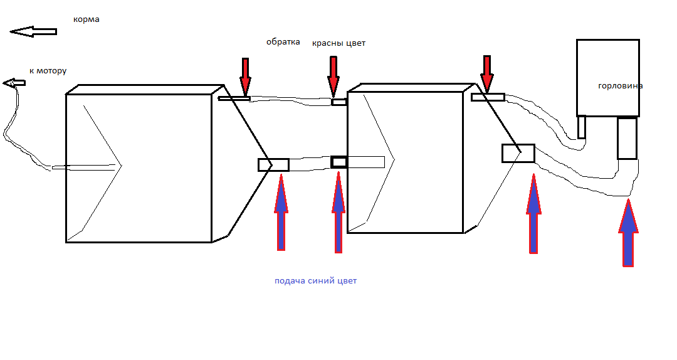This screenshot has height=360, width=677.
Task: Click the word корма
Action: point(87,19)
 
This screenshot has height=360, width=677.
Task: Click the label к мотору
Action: point(48,71)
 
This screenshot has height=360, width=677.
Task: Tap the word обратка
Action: point(283,43)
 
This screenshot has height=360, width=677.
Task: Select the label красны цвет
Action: point(338,43)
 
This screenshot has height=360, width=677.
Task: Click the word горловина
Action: point(620,86)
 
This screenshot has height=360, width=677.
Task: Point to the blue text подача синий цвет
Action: point(315,281)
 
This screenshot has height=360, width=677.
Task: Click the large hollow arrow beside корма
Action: point(33,31)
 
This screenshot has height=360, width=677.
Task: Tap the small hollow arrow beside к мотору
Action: point(14,83)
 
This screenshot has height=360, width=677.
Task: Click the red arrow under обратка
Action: point(245,75)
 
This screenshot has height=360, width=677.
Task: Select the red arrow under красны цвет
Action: point(333,75)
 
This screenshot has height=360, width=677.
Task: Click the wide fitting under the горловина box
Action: point(627,138)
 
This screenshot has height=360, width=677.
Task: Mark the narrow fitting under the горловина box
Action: point(582,127)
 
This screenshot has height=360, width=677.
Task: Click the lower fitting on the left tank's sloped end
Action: point(273,165)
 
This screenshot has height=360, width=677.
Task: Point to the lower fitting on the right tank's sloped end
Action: point(518,153)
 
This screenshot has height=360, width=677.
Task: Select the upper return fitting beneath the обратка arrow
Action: point(234,98)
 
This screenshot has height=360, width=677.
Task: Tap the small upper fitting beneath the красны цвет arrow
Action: point(338,102)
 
